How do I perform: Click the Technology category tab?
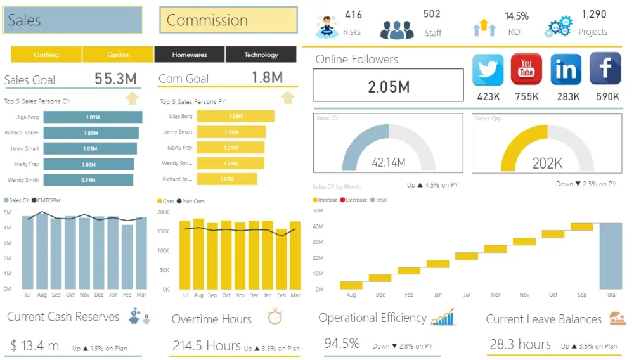tap(261, 55)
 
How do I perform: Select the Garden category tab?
tap(118, 55)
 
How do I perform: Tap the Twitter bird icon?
tap(488, 69)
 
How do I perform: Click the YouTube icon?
tap(526, 69)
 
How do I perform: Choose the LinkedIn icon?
tap(566, 69)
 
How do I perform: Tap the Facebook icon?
tap(605, 69)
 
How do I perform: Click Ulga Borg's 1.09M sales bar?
tap(93, 117)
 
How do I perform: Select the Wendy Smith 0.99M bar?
tap(88, 180)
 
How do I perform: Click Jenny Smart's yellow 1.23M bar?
tap(231, 132)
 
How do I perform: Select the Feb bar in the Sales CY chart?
tap(127, 257)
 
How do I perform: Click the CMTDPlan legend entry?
tap(50, 200)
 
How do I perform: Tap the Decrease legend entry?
tap(356, 200)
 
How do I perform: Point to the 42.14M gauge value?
tap(388, 163)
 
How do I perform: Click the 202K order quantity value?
tap(547, 164)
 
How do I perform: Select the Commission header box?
tap(228, 20)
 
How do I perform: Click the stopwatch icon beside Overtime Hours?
tap(275, 317)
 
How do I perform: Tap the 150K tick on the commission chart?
tap(164, 231)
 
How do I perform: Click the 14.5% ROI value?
tap(517, 16)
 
